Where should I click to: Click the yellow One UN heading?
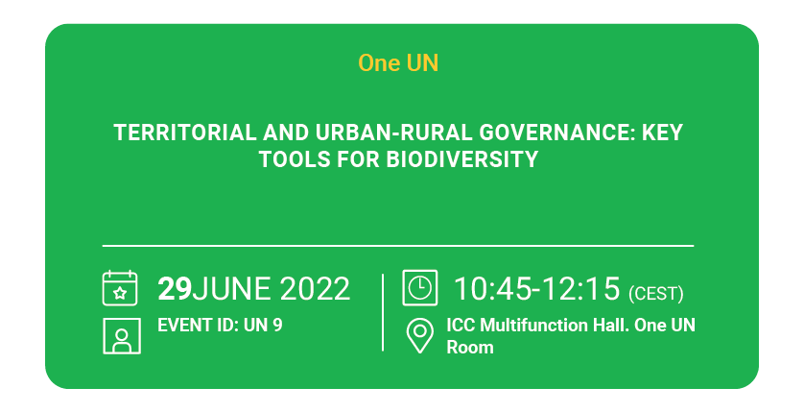tap(398, 63)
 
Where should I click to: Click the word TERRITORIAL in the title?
tap(184, 133)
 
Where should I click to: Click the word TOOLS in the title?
tap(295, 159)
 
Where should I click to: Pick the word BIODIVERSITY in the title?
tap(462, 159)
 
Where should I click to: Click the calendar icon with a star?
tap(120, 288)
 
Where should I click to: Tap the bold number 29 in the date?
tap(175, 288)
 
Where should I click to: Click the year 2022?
tap(315, 288)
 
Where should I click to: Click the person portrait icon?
tap(122, 336)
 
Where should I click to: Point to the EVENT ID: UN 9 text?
tap(220, 326)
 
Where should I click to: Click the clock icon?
tap(420, 288)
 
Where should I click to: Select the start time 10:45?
tap(493, 288)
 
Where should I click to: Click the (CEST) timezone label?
tap(656, 294)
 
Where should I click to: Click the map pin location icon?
tap(420, 336)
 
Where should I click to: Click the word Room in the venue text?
tap(470, 348)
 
